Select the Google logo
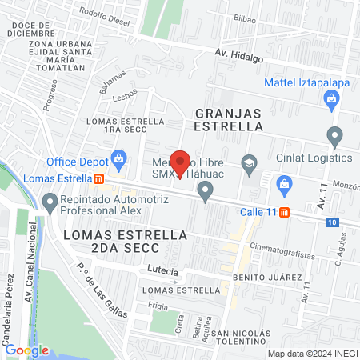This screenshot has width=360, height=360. point(26,350)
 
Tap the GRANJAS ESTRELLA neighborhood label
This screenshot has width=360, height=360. point(239,119)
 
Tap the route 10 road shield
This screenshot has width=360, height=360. point(332,222)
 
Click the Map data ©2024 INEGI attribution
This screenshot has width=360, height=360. point(313,353)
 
